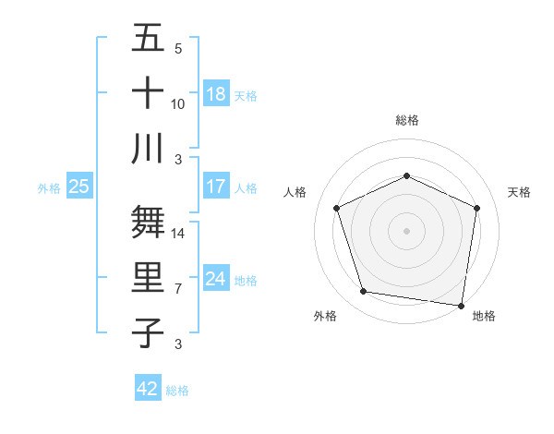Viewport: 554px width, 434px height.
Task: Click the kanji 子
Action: pos(148,332)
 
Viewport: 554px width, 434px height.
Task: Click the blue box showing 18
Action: pos(216,93)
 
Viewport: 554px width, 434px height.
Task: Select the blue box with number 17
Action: pos(216,187)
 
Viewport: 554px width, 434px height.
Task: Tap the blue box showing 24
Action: pos(216,279)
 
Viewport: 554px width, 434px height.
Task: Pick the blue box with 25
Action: pos(78,187)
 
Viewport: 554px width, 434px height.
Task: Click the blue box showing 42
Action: pos(147,389)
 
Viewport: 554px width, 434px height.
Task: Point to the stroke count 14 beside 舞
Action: pos(178,234)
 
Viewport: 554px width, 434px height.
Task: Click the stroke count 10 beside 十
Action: pos(178,103)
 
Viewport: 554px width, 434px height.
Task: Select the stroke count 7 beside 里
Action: pos(178,288)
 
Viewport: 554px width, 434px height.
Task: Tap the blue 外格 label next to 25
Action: pos(49,187)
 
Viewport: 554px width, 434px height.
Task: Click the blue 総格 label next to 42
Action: pos(177,390)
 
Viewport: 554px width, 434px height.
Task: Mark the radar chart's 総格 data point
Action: pos(406,175)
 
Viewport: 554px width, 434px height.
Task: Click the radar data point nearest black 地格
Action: pos(462,305)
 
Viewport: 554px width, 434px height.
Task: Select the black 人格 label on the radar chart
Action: pos(295,192)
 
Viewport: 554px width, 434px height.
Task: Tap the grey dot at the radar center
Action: pos(406,230)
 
